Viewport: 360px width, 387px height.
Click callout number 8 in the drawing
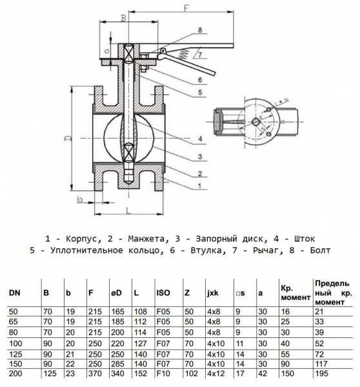tap(201, 30)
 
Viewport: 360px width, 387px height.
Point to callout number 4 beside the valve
tap(202, 139)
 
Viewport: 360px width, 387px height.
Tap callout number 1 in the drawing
tap(201, 185)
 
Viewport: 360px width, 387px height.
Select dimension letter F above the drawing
tap(185, 8)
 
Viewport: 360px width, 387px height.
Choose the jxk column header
tap(213, 293)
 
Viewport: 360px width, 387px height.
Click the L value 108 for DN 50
tap(139, 311)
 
